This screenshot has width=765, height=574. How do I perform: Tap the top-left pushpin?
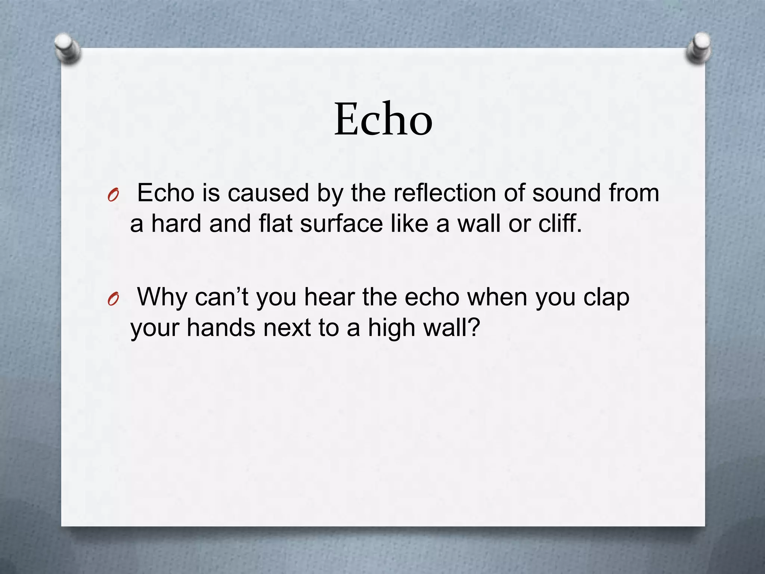click(x=67, y=48)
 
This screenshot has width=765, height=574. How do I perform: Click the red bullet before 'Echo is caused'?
click(x=113, y=196)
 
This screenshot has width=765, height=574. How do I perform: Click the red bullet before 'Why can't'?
click(x=113, y=299)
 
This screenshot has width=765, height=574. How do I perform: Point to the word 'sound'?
click(x=566, y=194)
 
